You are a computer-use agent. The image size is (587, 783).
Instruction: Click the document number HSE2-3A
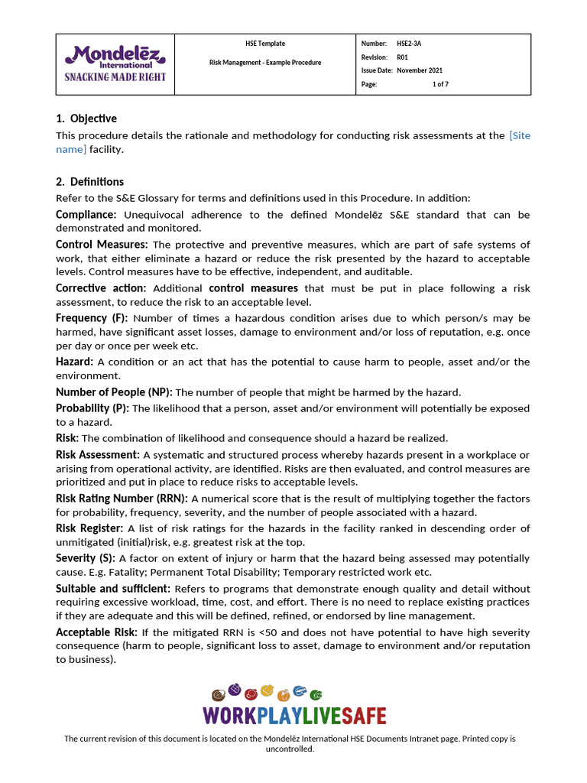click(x=409, y=44)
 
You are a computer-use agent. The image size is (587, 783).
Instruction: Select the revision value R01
click(x=402, y=57)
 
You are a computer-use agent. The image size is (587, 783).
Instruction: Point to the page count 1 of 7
click(x=440, y=84)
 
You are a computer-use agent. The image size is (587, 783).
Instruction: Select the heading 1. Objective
click(x=86, y=119)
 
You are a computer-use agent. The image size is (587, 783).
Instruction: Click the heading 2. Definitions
click(x=89, y=182)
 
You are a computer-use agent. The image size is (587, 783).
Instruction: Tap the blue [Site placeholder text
click(x=520, y=135)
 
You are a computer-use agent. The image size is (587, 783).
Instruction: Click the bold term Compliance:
click(x=86, y=215)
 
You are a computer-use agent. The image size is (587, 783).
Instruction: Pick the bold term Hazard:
click(x=75, y=362)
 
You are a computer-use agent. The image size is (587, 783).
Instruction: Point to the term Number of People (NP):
click(x=114, y=392)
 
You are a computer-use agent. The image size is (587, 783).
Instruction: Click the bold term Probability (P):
click(x=92, y=408)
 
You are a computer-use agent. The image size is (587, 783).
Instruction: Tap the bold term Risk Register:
click(x=89, y=528)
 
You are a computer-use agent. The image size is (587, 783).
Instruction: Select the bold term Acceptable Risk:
click(x=96, y=632)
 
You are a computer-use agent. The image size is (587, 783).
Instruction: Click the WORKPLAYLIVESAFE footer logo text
click(x=294, y=716)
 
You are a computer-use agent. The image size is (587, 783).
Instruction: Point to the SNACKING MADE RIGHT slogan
click(x=115, y=77)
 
